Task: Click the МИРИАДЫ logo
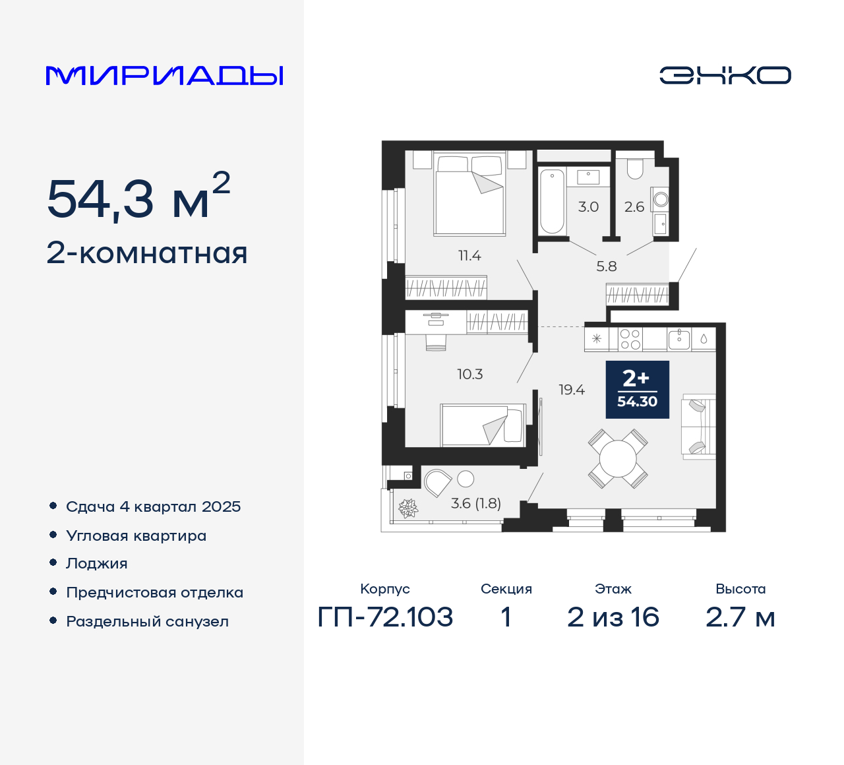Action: [x=164, y=76]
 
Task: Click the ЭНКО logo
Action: [x=725, y=75]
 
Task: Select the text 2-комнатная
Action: [x=147, y=253]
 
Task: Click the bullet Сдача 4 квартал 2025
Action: [x=153, y=506]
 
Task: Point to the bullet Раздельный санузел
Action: [x=147, y=621]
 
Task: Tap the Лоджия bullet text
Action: [x=97, y=564]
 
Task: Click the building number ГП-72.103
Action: [x=385, y=617]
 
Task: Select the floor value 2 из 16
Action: [x=613, y=617]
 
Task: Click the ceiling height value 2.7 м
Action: [x=740, y=617]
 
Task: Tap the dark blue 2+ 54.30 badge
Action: [x=637, y=390]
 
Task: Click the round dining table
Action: [x=618, y=458]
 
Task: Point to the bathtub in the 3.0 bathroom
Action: [x=552, y=201]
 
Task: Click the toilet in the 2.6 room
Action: [x=634, y=169]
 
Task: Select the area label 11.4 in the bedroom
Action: [x=469, y=255]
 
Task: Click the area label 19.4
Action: [x=571, y=390]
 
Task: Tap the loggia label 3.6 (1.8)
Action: [x=475, y=503]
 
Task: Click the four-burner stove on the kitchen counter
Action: [x=630, y=339]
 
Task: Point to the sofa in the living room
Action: [x=698, y=427]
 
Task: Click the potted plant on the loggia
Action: [x=408, y=508]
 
